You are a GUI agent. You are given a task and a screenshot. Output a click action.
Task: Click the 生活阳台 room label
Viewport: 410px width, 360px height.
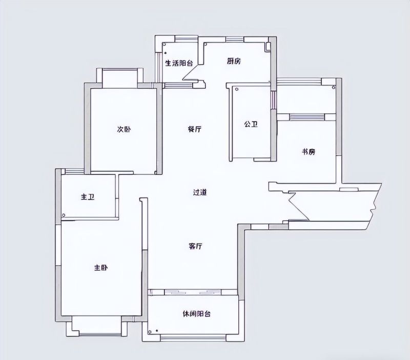point(179,63)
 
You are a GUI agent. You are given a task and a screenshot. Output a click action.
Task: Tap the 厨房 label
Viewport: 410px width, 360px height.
point(234,61)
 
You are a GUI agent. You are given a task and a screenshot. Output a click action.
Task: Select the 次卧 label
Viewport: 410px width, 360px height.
point(124,129)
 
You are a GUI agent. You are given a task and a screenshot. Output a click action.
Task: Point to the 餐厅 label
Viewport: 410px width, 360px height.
point(195,129)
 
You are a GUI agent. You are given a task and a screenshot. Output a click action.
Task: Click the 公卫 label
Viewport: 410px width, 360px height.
point(251,124)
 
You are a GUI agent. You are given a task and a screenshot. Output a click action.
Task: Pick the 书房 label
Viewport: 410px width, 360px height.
point(309,152)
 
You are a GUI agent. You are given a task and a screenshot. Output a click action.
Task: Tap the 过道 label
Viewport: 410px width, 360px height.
point(200,192)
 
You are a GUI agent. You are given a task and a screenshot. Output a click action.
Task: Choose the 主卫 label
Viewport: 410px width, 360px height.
point(88,197)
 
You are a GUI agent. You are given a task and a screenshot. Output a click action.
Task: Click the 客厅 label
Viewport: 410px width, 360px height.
point(195,246)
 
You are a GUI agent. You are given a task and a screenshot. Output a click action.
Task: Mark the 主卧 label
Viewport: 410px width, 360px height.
point(101,268)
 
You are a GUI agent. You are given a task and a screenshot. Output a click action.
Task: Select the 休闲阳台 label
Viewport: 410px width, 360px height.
point(197,314)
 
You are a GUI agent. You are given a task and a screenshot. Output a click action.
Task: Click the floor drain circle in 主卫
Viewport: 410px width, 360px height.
point(64,215)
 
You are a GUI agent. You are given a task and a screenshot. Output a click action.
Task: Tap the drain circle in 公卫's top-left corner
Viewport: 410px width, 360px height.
point(237,89)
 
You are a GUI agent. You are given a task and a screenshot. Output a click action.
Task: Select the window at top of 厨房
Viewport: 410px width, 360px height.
point(235,39)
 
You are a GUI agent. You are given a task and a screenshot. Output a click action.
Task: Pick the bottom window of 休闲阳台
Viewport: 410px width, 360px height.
point(193,338)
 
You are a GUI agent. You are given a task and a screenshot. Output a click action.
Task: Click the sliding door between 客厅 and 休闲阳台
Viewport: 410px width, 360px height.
point(193,292)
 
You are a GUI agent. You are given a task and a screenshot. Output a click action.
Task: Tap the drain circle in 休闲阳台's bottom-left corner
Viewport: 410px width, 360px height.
point(150,332)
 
